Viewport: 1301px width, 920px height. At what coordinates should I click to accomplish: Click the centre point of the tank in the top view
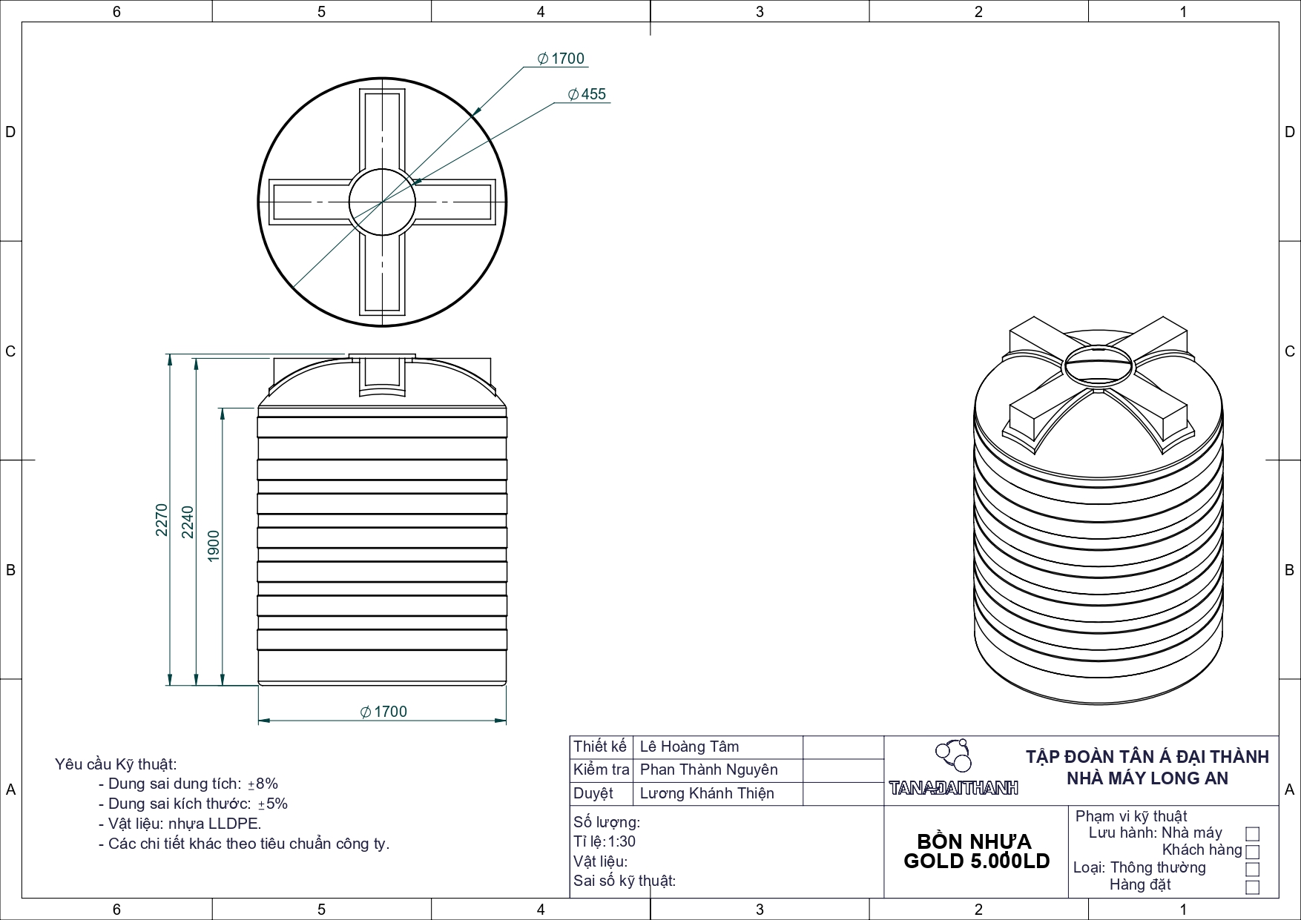click(x=382, y=202)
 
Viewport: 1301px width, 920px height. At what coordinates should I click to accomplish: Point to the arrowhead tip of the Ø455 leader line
click(x=412, y=182)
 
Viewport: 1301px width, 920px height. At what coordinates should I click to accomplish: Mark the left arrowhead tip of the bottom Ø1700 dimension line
click(x=258, y=720)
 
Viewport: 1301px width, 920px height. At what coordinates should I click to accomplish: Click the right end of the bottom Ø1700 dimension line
click(x=507, y=720)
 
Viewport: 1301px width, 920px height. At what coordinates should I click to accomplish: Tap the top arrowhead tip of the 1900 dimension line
click(x=223, y=408)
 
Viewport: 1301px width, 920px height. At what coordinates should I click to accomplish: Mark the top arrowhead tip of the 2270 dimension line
click(x=170, y=354)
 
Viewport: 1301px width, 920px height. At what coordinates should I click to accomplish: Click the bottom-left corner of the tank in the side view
click(x=258, y=685)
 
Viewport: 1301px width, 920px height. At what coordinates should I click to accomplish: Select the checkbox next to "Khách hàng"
click(x=1253, y=851)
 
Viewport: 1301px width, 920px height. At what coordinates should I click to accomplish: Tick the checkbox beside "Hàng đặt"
click(x=1253, y=887)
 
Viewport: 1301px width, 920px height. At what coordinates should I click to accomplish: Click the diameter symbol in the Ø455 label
click(x=573, y=94)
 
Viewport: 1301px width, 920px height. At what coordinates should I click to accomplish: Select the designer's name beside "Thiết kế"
click(x=690, y=747)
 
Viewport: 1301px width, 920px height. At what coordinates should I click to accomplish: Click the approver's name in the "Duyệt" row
click(x=707, y=793)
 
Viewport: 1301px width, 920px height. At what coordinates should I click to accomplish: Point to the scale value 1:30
click(x=622, y=841)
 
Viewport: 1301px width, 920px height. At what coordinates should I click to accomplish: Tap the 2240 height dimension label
click(x=188, y=522)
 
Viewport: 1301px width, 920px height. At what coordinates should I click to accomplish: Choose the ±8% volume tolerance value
click(x=263, y=784)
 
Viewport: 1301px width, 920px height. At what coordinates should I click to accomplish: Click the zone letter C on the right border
click(x=1289, y=351)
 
